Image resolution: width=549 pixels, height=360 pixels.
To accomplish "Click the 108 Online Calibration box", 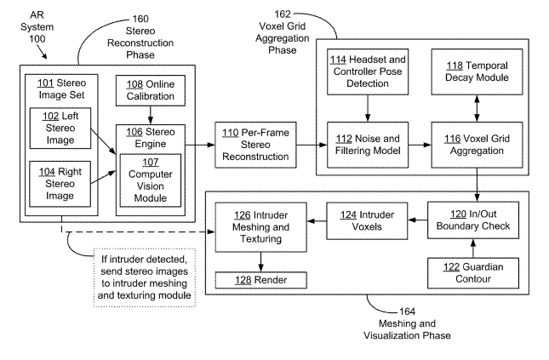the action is pos(151,90).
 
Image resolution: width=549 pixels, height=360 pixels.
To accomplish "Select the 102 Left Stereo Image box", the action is pos(60,129).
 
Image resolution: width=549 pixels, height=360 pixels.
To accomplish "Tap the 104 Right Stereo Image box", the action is pos(60,184).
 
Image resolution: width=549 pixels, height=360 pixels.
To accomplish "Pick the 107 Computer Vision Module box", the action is pos(151,180).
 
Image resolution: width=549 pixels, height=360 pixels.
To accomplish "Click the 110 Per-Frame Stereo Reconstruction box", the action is pos(255,145).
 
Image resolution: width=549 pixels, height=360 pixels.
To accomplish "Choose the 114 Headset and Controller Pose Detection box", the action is pos(368,71).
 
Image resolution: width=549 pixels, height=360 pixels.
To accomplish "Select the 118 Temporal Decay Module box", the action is pos(477,71).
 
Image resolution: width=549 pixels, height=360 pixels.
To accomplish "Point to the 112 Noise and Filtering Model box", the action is pos(368,145).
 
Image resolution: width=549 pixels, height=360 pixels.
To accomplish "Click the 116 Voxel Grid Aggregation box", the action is pos(477,145).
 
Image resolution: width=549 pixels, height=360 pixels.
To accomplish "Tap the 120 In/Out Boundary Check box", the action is pos(473,220).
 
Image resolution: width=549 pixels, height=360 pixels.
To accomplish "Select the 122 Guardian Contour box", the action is pos(473,273).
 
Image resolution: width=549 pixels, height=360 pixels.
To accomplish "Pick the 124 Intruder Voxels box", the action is pos(367,221).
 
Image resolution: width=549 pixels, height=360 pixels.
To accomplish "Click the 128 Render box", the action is pos(260,280).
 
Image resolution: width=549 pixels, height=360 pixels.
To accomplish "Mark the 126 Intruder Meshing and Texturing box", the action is pos(260,227).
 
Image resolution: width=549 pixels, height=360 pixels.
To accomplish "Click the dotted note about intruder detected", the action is pos(144,277).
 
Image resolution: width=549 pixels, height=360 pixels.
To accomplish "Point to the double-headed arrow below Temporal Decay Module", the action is pos(477,109).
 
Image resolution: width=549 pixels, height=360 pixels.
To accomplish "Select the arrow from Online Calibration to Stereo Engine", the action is pos(151,115).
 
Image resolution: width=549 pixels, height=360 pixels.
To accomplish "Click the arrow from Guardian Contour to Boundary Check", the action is pos(473,249).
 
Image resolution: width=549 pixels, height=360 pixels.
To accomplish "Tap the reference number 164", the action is pos(407,311).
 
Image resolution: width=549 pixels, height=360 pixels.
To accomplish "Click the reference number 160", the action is pos(140,19).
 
